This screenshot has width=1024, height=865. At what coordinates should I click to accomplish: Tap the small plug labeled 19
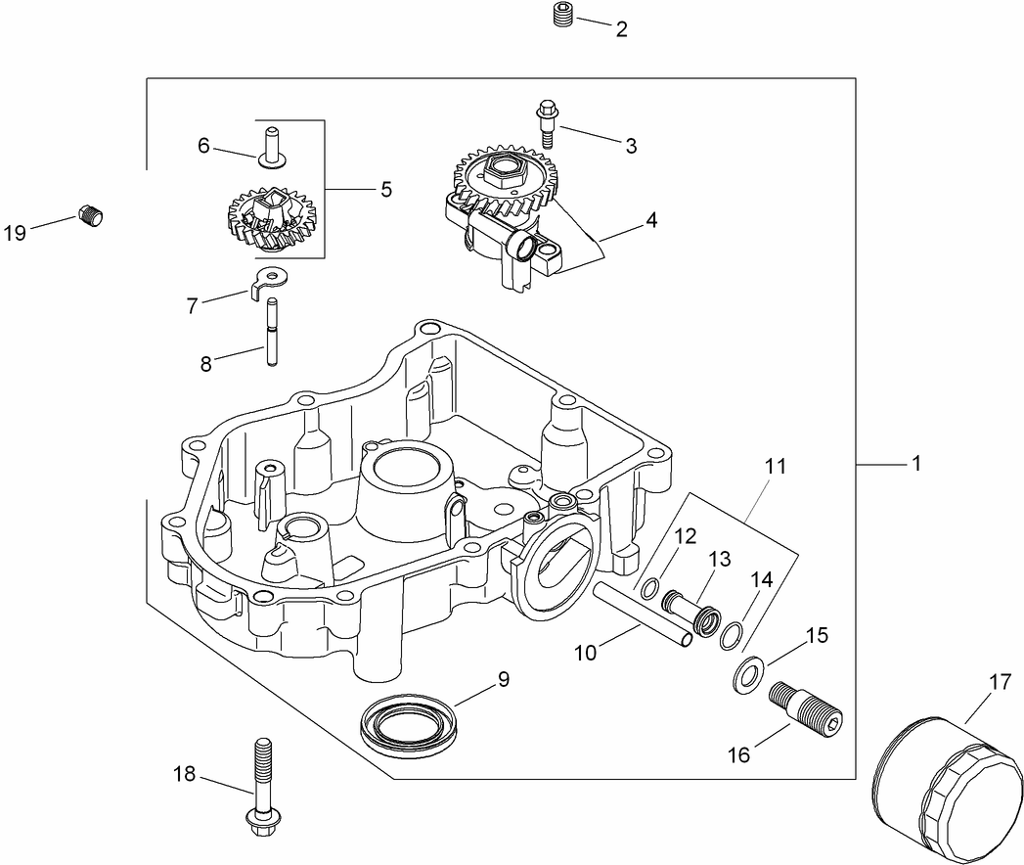90,215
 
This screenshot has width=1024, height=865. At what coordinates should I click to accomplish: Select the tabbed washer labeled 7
269,281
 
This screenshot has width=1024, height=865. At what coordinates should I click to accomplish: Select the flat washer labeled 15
747,677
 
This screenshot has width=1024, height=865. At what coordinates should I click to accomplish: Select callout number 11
775,467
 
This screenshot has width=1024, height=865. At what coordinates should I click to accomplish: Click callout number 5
385,190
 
